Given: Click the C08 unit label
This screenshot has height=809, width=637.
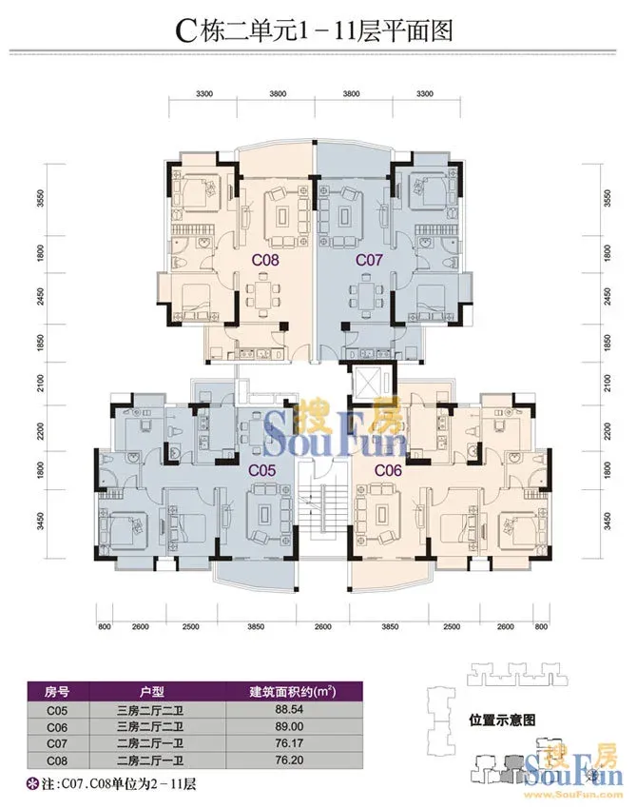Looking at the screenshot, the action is pyautogui.click(x=265, y=260).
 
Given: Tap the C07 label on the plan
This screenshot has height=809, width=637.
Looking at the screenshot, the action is pyautogui.click(x=370, y=260).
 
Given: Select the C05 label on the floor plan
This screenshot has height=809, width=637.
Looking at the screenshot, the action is pyautogui.click(x=262, y=470).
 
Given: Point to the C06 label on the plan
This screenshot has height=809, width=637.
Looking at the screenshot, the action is pyautogui.click(x=388, y=470).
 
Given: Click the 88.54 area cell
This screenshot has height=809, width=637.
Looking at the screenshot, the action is pyautogui.click(x=289, y=709).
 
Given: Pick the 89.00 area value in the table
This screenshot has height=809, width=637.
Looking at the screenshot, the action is pyautogui.click(x=289, y=726).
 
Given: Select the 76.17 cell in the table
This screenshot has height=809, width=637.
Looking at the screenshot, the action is pyautogui.click(x=289, y=743).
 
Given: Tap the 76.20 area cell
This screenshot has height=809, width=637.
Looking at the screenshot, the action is pyautogui.click(x=289, y=760).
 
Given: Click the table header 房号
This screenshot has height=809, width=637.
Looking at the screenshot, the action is pyautogui.click(x=57, y=691).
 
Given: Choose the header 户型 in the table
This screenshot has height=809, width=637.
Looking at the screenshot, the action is pyautogui.click(x=151, y=691).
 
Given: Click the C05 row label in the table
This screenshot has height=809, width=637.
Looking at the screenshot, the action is pyautogui.click(x=57, y=710).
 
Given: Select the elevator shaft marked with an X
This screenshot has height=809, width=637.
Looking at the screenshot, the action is pyautogui.click(x=369, y=382).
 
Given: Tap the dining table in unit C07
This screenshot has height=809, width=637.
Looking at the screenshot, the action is pyautogui.click(x=367, y=295).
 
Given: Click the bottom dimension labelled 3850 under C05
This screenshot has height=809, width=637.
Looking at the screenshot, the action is pyautogui.click(x=256, y=627).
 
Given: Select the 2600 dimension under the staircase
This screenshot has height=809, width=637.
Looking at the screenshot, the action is pyautogui.click(x=322, y=627).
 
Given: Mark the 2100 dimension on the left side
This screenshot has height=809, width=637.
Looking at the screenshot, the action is pyautogui.click(x=41, y=384).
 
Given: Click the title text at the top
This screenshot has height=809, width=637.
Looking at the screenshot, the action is pyautogui.click(x=315, y=30).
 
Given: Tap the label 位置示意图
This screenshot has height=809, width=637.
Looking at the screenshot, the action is pyautogui.click(x=502, y=720).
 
